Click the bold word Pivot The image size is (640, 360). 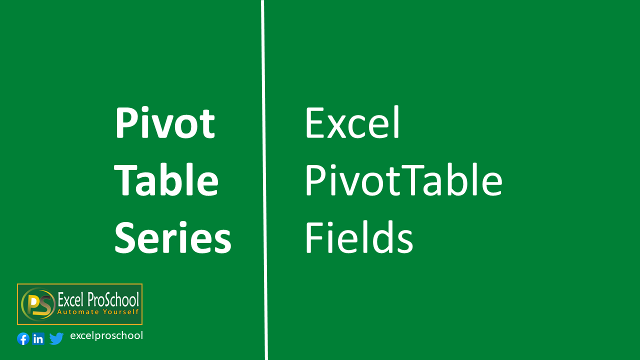(165, 123)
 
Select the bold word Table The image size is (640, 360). (166, 179)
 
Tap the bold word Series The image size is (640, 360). (173, 237)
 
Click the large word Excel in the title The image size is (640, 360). (352, 122)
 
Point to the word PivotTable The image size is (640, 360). (403, 179)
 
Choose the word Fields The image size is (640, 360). (359, 237)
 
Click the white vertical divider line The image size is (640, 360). (264, 180)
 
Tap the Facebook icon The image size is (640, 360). (23, 339)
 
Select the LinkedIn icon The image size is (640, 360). (38, 339)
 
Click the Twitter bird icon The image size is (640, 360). (56, 338)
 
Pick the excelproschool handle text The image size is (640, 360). (106, 335)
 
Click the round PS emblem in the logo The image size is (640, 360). (38, 304)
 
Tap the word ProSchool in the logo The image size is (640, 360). (113, 299)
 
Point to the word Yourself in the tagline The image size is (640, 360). (121, 311)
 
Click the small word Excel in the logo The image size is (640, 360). (71, 299)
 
